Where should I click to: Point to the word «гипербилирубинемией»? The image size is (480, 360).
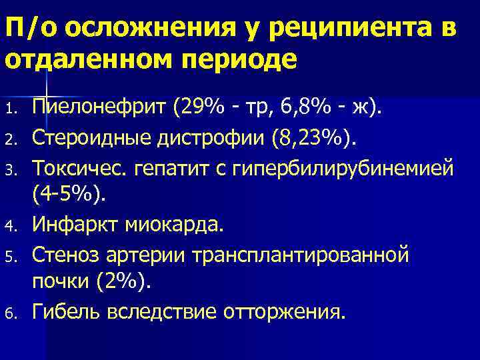[x=339, y=168]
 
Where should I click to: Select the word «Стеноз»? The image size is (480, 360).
[x=62, y=254]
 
